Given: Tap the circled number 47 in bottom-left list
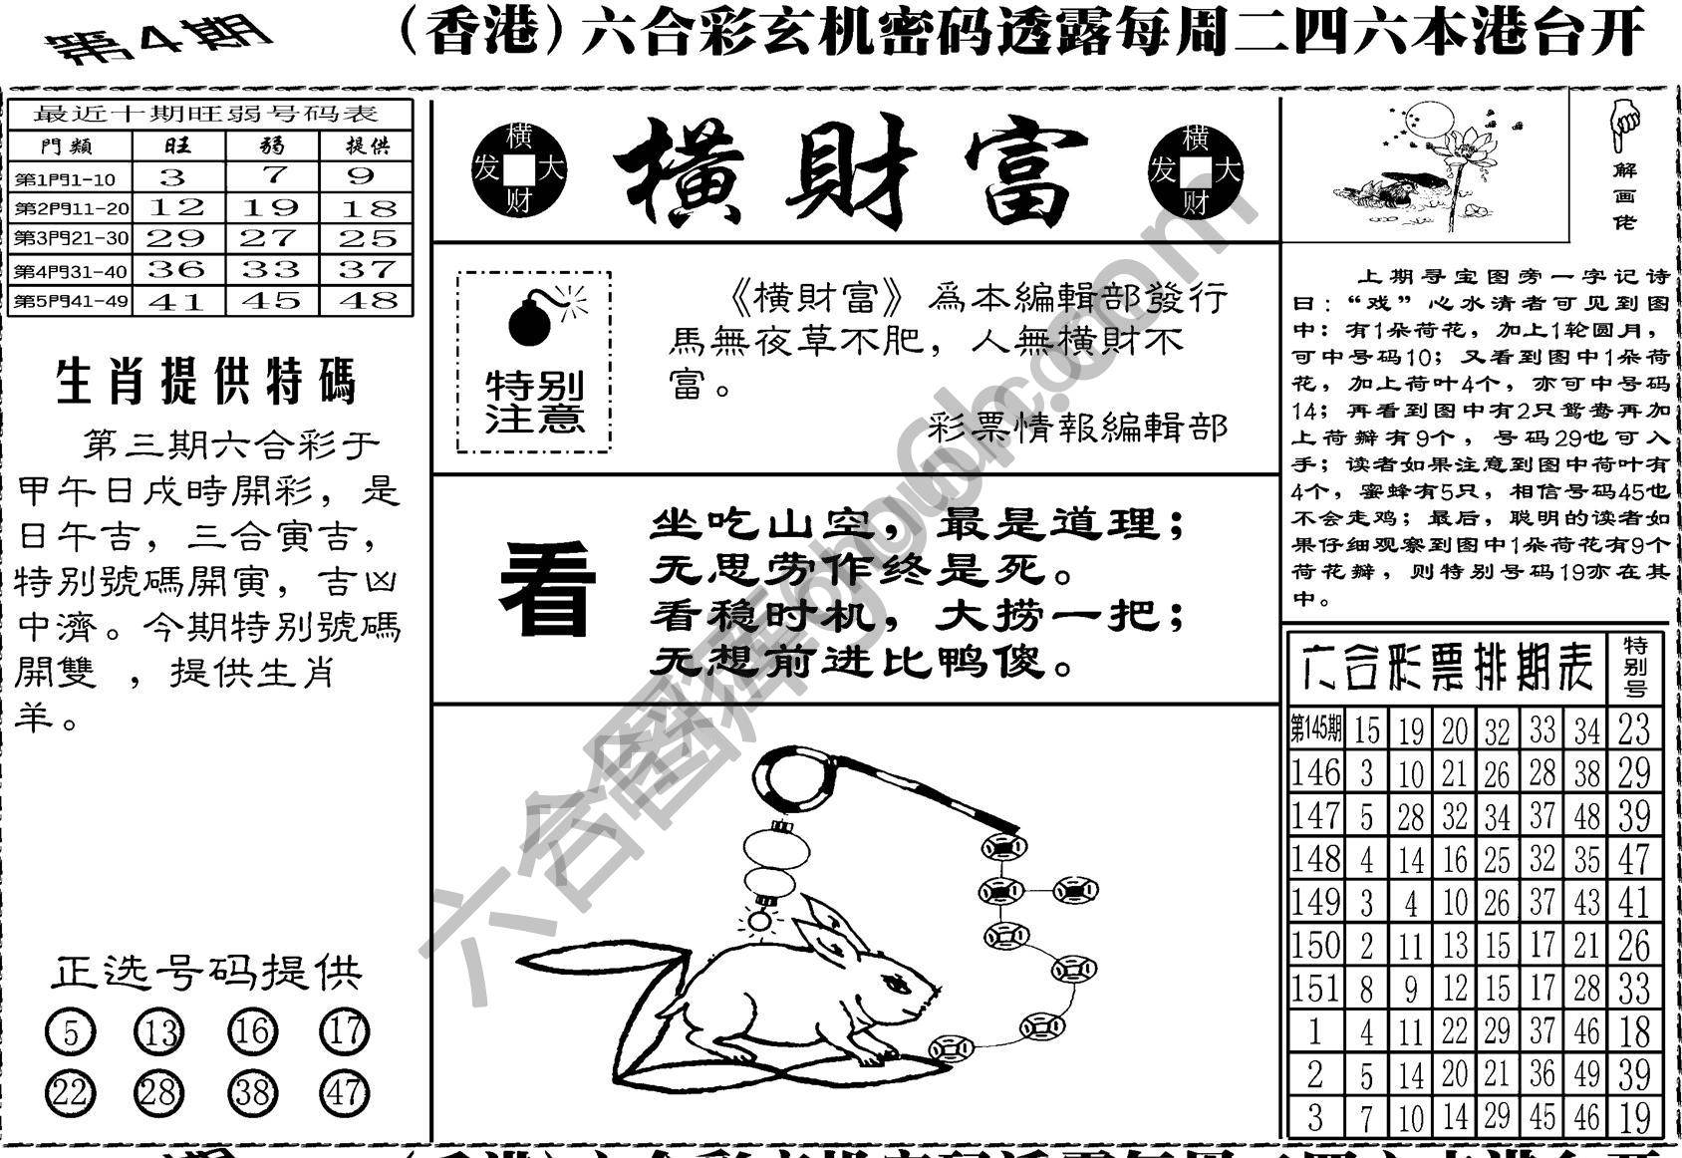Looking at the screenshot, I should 344,1093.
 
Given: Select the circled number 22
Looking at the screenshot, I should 70,1093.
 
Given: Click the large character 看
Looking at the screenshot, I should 547,590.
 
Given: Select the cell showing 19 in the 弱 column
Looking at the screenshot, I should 271,207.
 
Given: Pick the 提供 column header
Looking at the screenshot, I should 367,146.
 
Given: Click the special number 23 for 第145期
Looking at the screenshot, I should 1634,729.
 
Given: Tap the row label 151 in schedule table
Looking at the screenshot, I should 1315,989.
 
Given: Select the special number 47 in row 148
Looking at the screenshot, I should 1634,859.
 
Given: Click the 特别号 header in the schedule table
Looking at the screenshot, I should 1635,665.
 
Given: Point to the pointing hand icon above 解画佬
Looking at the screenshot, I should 1624,127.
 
